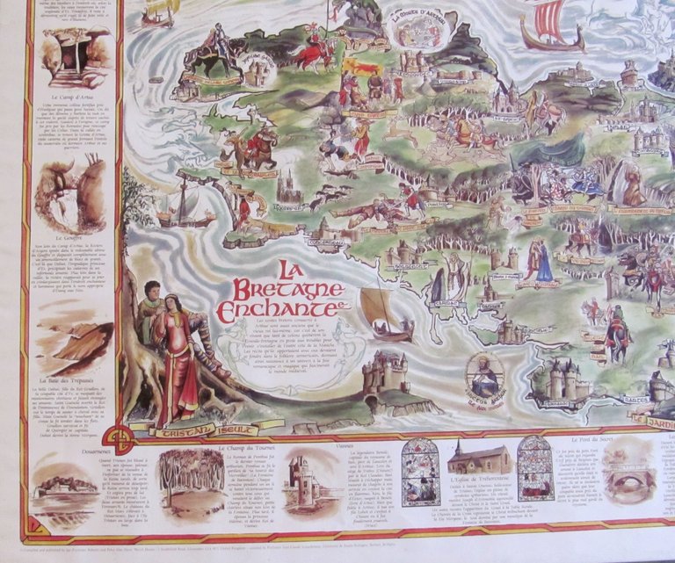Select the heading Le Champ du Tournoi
(x=226, y=448)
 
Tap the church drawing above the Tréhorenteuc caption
(x=480, y=458)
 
